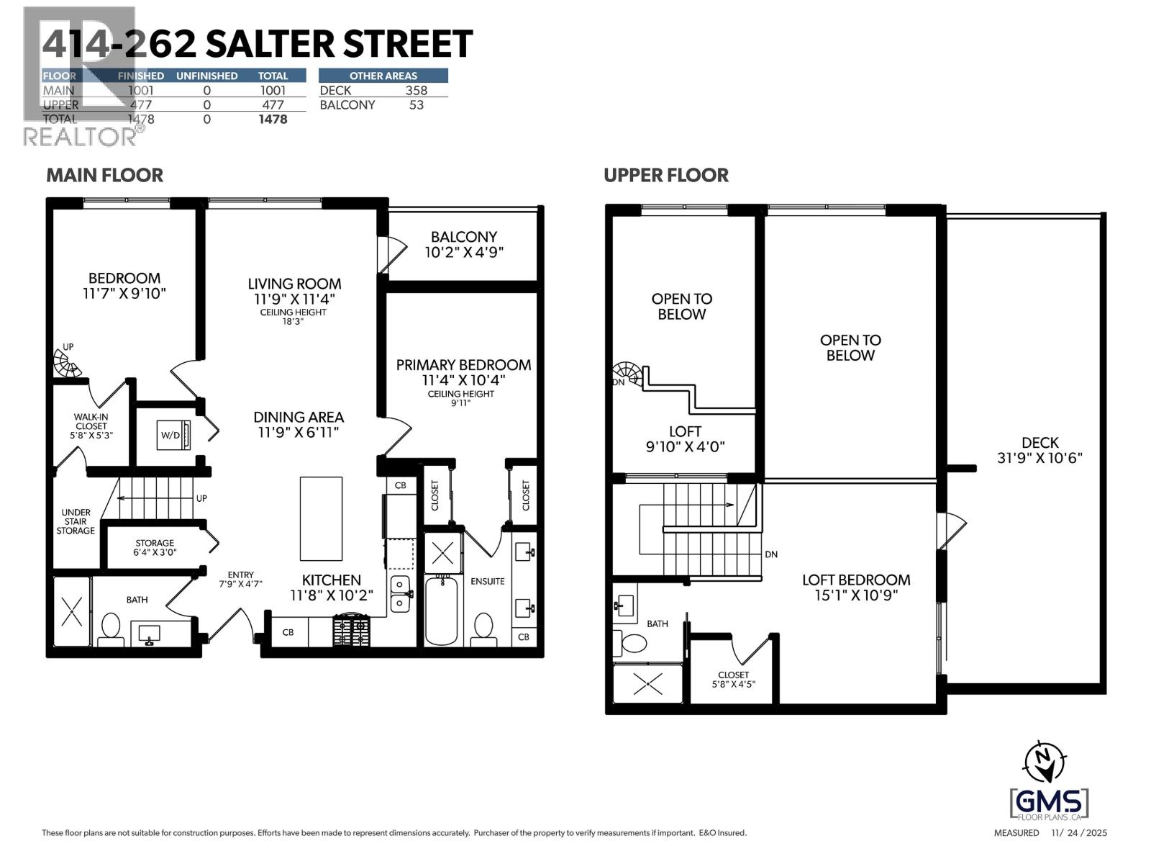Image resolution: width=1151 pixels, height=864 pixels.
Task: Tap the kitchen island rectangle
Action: coord(321,518)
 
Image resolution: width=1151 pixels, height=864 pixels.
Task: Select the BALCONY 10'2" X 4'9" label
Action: coord(464,244)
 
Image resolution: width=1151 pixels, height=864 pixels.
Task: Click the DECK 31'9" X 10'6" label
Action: coord(1039,450)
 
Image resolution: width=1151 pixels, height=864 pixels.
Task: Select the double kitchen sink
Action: coord(400,594)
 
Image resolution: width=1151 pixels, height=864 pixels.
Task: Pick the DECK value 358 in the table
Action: coord(416,90)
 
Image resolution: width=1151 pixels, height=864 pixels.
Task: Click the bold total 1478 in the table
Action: coord(273,120)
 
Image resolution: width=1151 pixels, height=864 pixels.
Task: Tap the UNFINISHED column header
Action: coord(206,76)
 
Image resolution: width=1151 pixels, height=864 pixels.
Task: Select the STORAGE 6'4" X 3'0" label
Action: coord(155,548)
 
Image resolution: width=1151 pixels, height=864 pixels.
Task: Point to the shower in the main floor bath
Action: coord(72,611)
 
